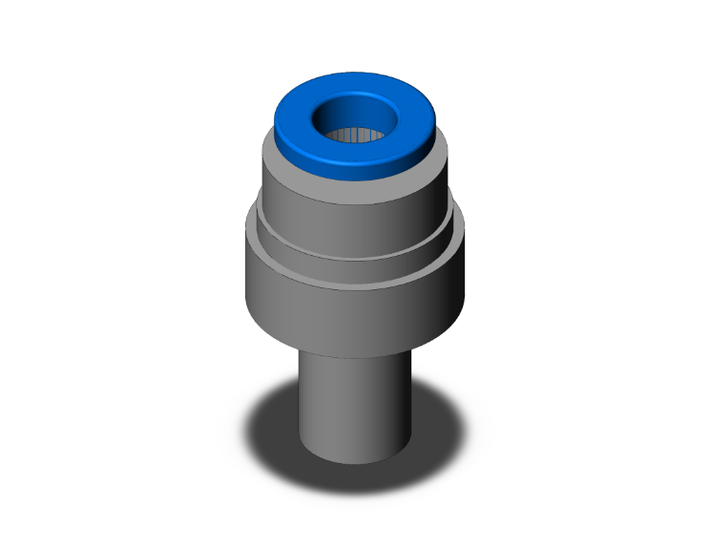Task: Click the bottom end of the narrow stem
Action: coord(355,458)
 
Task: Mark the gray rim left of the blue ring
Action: coord(270,153)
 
